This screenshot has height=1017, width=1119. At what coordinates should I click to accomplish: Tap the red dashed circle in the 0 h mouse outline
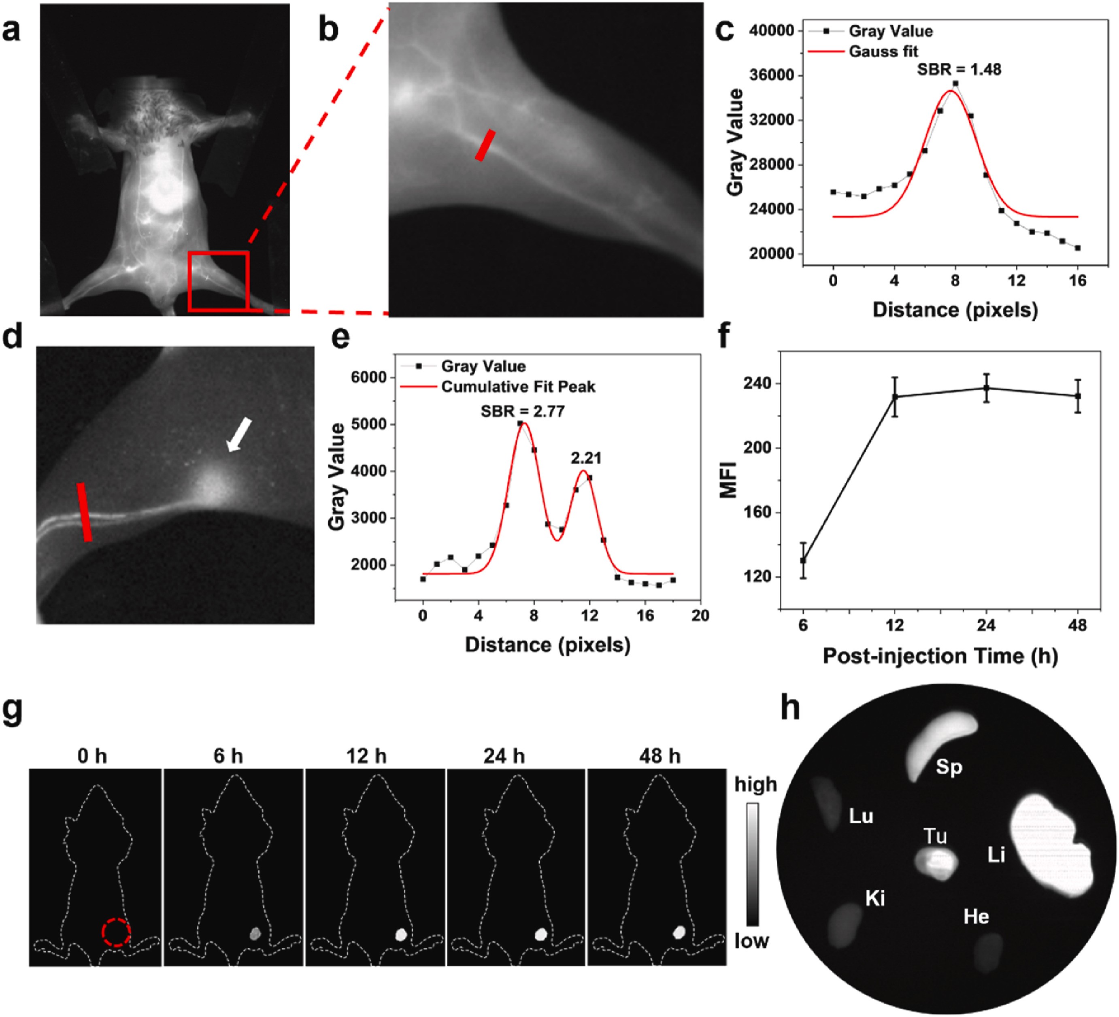(x=116, y=932)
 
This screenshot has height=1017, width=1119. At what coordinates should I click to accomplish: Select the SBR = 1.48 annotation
(x=959, y=69)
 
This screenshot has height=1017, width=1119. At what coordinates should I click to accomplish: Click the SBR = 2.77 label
(x=522, y=411)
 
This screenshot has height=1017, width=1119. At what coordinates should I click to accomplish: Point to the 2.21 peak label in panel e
(x=585, y=458)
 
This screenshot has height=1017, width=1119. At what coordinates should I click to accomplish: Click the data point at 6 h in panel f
(x=803, y=561)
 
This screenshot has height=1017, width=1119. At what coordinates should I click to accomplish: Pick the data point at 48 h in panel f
(x=1077, y=396)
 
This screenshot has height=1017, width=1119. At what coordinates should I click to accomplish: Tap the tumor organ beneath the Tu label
(x=936, y=863)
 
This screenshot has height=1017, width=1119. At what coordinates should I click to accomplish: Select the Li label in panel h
(x=996, y=855)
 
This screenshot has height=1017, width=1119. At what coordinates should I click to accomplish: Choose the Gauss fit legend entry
(x=883, y=52)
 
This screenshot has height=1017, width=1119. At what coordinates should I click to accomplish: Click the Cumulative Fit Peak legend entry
(x=517, y=387)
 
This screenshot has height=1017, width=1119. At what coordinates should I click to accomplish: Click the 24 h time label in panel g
(x=504, y=756)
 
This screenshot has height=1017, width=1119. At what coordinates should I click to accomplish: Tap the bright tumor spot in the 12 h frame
(x=401, y=934)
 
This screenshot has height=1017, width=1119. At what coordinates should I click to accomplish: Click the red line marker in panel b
(x=485, y=145)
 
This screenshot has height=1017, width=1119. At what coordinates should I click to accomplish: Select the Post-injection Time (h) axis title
(x=940, y=656)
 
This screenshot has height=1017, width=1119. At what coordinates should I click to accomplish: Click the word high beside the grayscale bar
(x=755, y=784)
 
